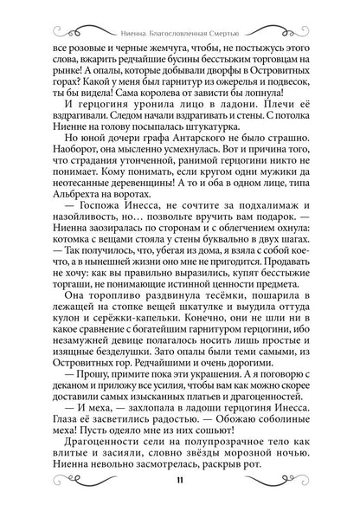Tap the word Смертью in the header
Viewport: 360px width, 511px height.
pos(230,25)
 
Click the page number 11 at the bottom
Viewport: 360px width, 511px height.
pos(179,482)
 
